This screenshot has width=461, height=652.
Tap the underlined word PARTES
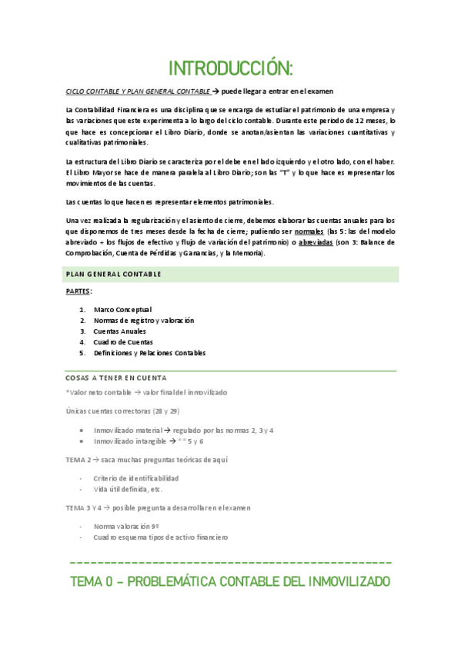point(79,291)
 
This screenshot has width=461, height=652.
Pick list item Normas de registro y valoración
point(144,320)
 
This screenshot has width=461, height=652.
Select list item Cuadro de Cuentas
point(123,342)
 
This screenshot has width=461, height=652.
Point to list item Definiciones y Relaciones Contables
point(149,353)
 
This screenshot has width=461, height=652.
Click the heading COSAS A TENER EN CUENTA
point(116,378)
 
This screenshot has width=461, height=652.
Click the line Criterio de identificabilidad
point(136,478)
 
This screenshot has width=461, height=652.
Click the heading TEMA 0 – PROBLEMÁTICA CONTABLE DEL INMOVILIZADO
point(230,581)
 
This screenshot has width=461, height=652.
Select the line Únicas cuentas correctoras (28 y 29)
point(122,411)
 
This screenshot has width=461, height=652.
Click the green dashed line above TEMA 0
point(230,563)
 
